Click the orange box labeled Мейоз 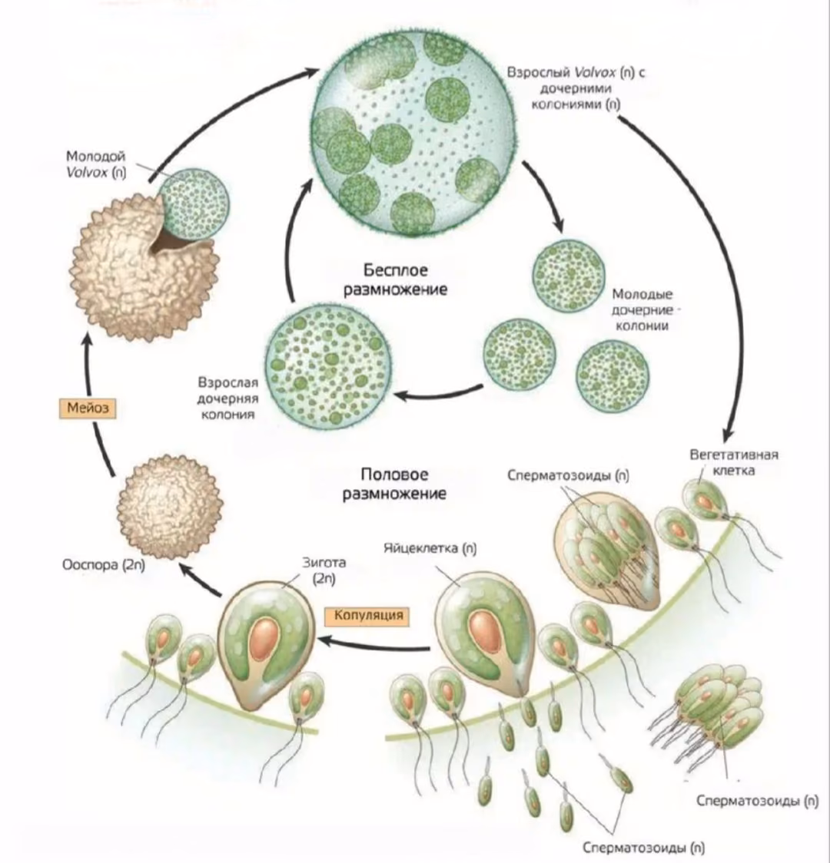(88, 408)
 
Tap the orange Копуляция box (368, 615)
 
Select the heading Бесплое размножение (395, 279)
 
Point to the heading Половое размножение (394, 484)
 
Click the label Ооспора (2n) (104, 565)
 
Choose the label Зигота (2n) (324, 570)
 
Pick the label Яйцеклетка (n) (430, 548)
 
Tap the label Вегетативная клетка (734, 462)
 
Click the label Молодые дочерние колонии (642, 310)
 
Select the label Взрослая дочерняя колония (228, 398)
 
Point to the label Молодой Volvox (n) (96, 164)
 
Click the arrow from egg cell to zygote (374, 643)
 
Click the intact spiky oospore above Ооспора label (170, 506)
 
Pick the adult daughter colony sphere (327, 366)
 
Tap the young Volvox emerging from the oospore (194, 204)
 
